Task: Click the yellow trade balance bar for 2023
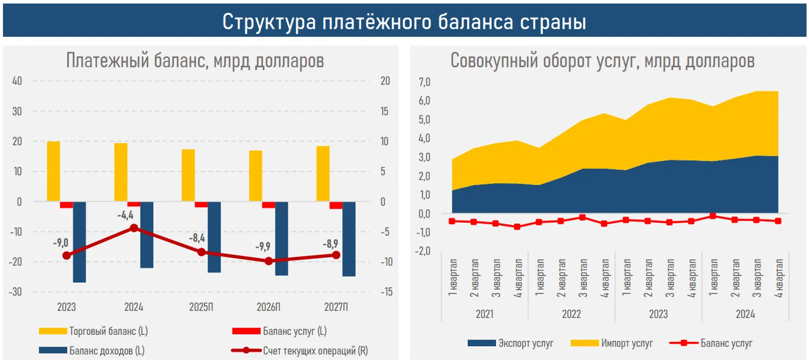(53, 171)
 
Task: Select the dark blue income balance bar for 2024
(147, 235)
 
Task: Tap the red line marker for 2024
(134, 228)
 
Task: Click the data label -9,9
(263, 246)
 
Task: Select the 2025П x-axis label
(201, 308)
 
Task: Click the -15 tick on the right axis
(387, 292)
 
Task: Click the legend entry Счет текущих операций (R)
(315, 351)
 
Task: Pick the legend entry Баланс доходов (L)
(107, 351)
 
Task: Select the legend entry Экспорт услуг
(525, 343)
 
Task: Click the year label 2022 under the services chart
(571, 315)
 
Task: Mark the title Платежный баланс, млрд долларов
(195, 60)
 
